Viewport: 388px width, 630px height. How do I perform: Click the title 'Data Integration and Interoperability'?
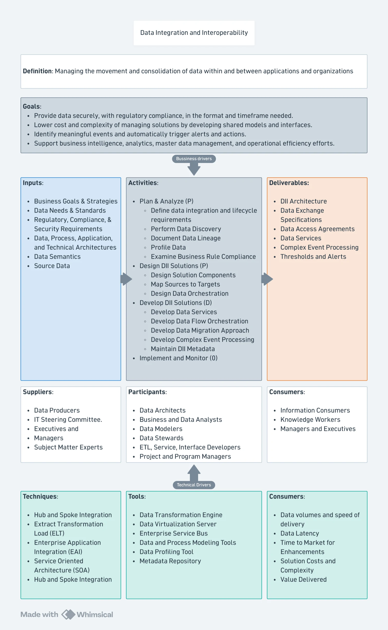point(194,33)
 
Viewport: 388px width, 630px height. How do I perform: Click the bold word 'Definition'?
point(37,71)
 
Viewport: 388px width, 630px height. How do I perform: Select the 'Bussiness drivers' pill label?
point(194,159)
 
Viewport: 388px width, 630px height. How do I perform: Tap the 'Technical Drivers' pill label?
point(194,485)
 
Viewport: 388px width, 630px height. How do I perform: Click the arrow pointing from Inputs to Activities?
point(126,279)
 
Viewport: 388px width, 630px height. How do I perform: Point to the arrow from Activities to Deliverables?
point(267,279)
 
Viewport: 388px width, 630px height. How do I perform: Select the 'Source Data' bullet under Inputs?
point(52,266)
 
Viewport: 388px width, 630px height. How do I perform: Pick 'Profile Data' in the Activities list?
point(168,247)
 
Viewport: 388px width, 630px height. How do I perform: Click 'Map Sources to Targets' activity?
point(186,284)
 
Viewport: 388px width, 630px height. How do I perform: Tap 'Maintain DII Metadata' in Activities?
point(183,349)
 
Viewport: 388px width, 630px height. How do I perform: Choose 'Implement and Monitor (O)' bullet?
point(179,358)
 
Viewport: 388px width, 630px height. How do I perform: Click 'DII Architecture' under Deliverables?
point(304,201)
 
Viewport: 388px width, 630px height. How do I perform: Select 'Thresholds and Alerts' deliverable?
point(313,257)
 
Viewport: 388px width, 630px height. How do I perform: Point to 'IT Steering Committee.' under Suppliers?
point(68,420)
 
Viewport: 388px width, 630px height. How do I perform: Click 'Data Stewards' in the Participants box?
point(161,438)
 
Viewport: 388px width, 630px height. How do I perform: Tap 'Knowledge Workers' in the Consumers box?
point(310,420)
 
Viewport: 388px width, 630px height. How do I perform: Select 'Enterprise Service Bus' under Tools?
point(174,533)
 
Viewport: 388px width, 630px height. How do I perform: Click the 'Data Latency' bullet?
point(300,533)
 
